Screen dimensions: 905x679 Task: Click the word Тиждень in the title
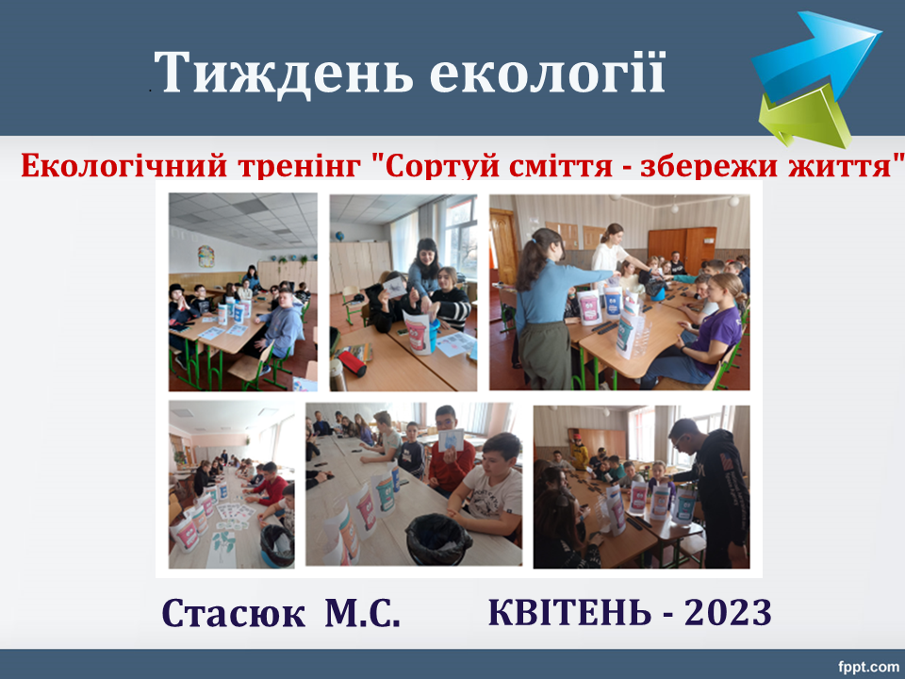284,74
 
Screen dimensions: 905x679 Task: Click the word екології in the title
548,73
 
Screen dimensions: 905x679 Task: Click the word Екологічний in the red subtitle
124,167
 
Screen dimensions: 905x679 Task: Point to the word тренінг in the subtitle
299,167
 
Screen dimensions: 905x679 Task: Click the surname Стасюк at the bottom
233,613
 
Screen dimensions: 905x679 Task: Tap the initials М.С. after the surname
362,613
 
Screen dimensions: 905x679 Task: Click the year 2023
729,613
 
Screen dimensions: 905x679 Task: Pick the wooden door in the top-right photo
503,246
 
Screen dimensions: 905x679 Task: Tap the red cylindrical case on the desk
352,362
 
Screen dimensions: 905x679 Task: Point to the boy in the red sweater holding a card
451,452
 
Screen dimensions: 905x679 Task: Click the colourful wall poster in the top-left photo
206,256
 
